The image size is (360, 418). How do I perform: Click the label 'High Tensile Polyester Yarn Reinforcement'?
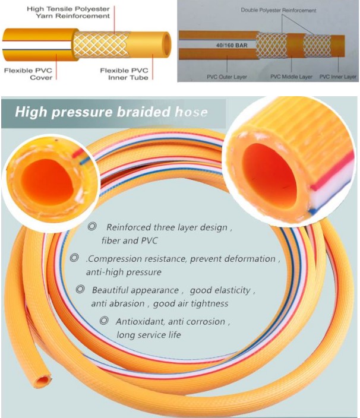click(68, 12)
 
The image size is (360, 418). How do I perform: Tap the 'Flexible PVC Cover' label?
click(28, 74)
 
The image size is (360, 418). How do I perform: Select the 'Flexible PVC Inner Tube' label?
click(124, 74)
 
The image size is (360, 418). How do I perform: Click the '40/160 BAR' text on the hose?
click(232, 45)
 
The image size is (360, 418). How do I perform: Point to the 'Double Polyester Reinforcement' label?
click(279, 11)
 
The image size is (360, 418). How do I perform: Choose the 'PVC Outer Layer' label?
click(227, 77)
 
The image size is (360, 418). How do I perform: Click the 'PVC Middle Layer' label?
click(291, 77)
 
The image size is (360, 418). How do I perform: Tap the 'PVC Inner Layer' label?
click(338, 77)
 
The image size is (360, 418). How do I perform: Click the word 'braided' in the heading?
click(144, 112)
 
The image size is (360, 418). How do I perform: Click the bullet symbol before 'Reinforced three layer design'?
click(92, 227)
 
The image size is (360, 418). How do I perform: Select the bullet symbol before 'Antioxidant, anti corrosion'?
click(104, 321)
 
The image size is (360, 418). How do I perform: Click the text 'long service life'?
click(149, 334)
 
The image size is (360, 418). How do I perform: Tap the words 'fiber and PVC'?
click(130, 240)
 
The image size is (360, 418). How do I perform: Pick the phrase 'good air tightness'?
click(191, 303)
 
